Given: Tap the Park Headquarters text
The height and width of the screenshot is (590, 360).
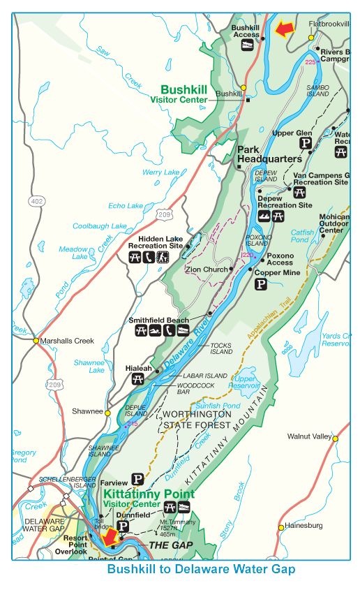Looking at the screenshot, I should pos(269,154).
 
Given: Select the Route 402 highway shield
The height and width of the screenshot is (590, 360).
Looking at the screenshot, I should pos(36,201).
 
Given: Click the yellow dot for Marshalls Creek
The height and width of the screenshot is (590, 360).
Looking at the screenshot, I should pos(36,341).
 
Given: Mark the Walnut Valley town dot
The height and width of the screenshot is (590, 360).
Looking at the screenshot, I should pos(335,438).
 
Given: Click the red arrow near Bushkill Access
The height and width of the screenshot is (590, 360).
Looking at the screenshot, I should pos(283,29).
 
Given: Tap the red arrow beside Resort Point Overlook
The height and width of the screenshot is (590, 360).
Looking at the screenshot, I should pos(108,538).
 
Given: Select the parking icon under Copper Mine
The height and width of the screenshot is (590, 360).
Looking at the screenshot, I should pos(260,284).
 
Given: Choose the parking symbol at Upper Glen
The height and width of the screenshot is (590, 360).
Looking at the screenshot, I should pos(305,144).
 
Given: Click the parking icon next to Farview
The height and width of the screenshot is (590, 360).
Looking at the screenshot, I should pos(138,480).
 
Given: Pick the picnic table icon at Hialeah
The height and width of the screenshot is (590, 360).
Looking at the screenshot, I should pos(137,379).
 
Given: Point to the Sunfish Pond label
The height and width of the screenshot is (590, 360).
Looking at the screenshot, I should pos(217,405).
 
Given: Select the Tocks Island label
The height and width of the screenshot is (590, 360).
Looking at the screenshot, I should pos(220,349).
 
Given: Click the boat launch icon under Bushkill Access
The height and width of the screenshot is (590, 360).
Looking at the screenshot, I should pos(246,44).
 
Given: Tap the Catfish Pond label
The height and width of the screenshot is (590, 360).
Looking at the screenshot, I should pos(302,236).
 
